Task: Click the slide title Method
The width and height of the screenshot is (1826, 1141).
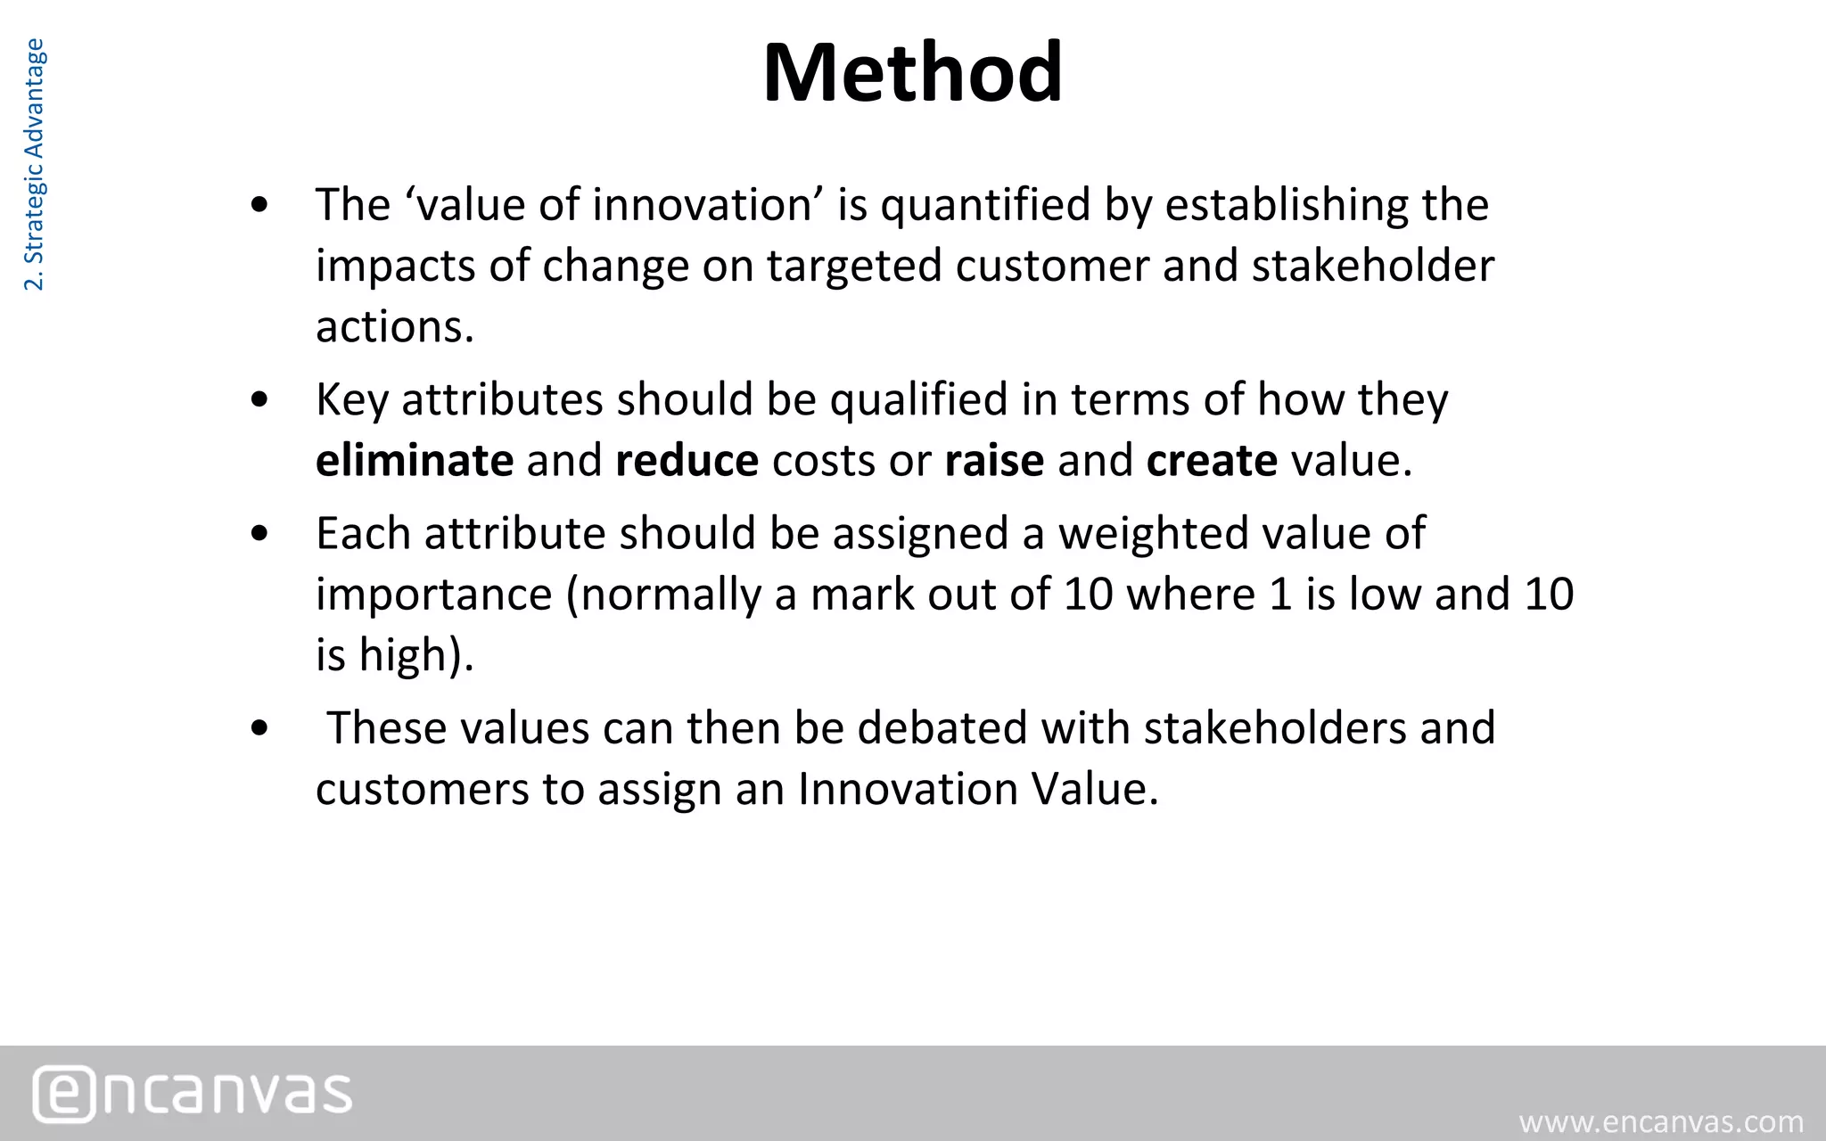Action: pyautogui.click(x=912, y=73)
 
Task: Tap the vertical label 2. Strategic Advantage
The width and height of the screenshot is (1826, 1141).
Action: pyautogui.click(x=34, y=165)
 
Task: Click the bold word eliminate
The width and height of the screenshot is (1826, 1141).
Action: pyautogui.click(x=415, y=461)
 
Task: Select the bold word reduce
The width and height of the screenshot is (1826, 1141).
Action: pyautogui.click(x=687, y=461)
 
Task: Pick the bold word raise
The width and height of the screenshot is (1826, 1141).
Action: pyautogui.click(x=994, y=461)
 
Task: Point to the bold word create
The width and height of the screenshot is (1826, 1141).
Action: pyautogui.click(x=1212, y=461)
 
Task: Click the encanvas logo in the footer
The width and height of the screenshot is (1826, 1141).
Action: pyautogui.click(x=193, y=1093)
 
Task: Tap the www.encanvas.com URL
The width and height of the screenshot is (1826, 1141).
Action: pyautogui.click(x=1661, y=1121)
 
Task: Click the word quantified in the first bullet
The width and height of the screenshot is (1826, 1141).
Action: pyautogui.click(x=985, y=206)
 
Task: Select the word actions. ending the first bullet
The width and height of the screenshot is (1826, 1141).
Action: pyautogui.click(x=395, y=327)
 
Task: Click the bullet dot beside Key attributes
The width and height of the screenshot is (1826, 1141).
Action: pyautogui.click(x=260, y=400)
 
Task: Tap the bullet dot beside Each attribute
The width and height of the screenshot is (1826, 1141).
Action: pyautogui.click(x=260, y=534)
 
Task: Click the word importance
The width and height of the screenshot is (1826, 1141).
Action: pyautogui.click(x=434, y=595)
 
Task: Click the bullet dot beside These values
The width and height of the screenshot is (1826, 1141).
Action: pyautogui.click(x=260, y=728)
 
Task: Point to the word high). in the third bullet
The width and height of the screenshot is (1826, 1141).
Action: pyautogui.click(x=416, y=656)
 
